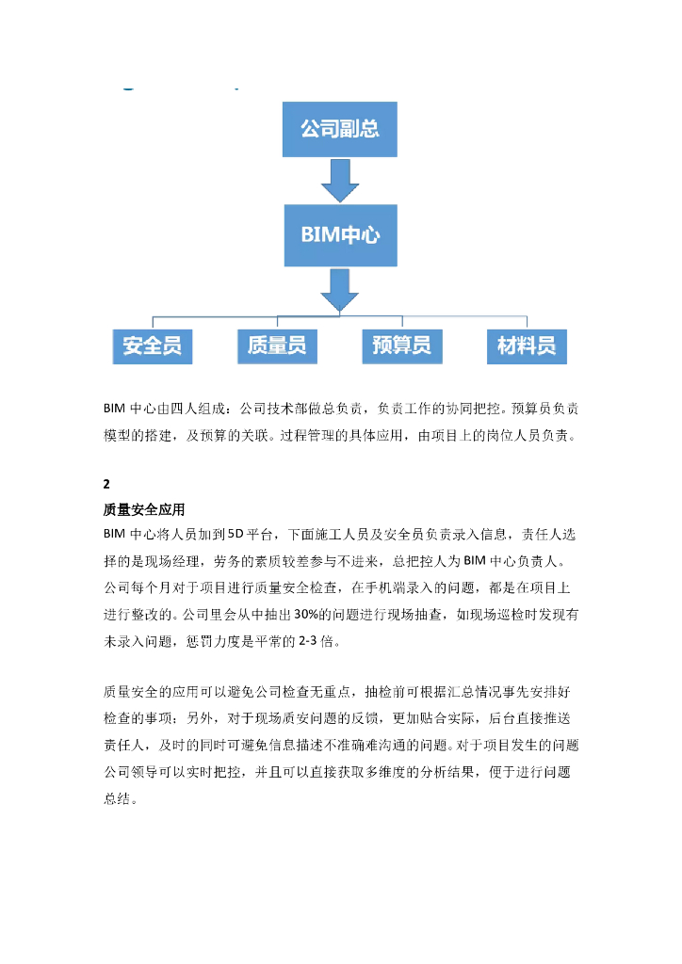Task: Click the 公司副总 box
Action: [340, 128]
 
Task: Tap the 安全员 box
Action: [152, 345]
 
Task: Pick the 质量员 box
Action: [276, 345]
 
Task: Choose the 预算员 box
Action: [402, 345]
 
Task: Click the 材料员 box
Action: [527, 345]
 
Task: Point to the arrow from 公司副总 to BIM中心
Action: [340, 180]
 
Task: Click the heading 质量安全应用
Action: [143, 511]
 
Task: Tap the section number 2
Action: [107, 485]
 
